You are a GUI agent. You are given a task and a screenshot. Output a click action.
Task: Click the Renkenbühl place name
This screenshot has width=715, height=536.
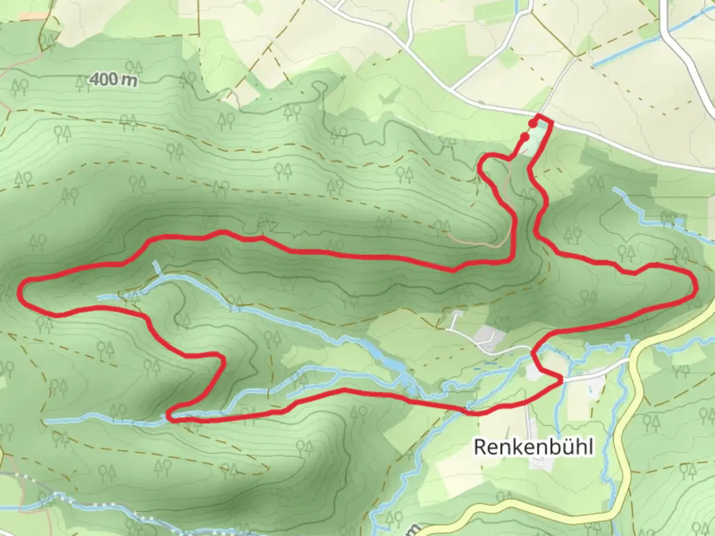click(x=533, y=447)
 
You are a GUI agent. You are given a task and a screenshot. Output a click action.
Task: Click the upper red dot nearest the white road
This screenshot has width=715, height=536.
click(x=533, y=123)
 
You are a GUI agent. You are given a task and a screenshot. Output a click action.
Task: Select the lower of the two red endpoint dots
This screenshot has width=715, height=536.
click(x=524, y=136)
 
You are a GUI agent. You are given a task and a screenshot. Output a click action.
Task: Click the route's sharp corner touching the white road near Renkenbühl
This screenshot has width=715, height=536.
click(x=562, y=380)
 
